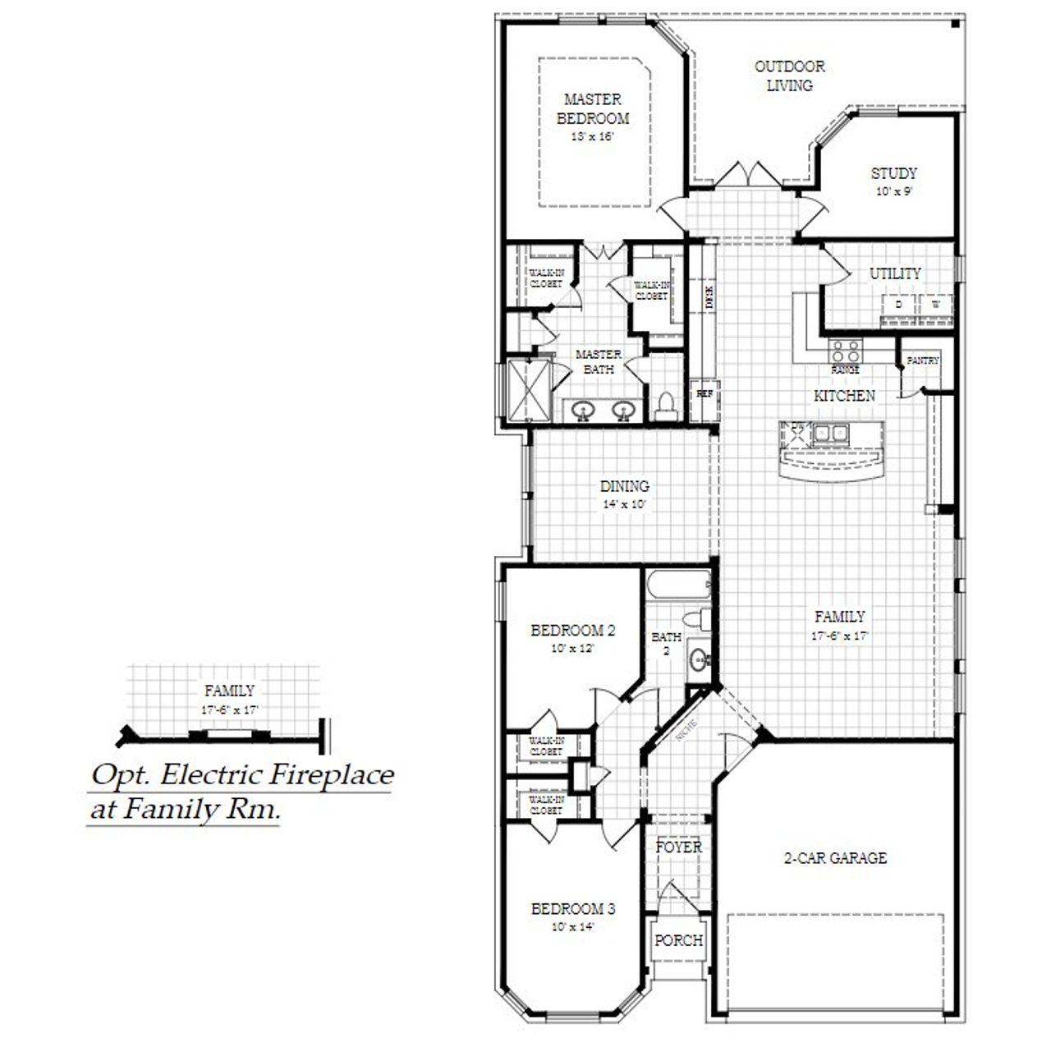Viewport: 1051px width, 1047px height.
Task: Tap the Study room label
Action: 893,173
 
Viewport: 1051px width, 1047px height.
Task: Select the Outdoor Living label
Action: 789,76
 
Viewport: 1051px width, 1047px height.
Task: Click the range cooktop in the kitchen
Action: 845,352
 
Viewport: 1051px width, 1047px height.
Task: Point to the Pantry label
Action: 923,360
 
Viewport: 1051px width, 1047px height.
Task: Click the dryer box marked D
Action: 898,305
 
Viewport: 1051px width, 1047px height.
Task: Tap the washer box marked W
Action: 935,305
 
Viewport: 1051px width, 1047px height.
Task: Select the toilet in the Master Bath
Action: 666,405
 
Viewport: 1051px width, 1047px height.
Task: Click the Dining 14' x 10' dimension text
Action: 625,505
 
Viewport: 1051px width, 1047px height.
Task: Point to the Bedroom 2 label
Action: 572,631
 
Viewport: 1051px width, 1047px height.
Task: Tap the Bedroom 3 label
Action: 572,909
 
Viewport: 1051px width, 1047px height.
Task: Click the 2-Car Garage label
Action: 835,858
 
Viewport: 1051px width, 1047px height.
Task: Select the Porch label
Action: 678,940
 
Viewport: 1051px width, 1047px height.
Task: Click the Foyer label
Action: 678,847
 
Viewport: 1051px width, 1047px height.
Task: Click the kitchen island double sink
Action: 831,433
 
